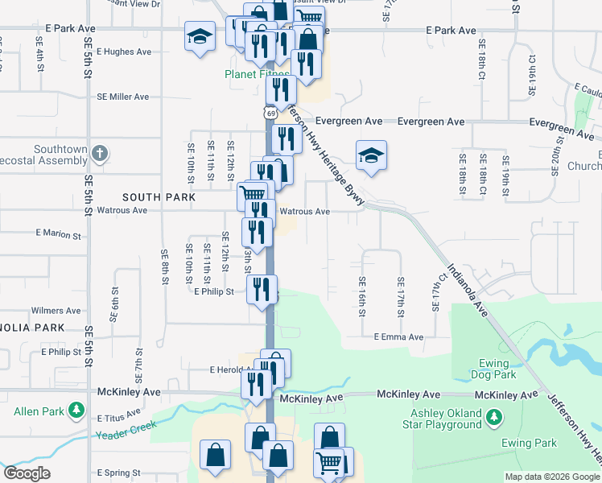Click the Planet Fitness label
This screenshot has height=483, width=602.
(x=256, y=75)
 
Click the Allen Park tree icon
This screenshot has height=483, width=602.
(x=76, y=411)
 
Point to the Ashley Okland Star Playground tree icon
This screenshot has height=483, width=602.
(x=495, y=417)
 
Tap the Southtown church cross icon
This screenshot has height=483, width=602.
(x=99, y=152)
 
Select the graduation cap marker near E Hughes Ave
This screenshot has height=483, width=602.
(x=200, y=36)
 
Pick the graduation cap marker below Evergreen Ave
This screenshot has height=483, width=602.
(x=371, y=154)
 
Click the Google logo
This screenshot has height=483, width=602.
(x=27, y=473)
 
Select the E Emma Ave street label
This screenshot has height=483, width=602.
(x=398, y=337)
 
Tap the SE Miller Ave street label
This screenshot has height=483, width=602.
(x=123, y=97)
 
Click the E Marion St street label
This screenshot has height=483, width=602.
(x=59, y=236)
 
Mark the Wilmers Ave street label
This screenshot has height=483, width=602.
(x=56, y=310)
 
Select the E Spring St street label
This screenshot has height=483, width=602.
(x=118, y=473)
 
